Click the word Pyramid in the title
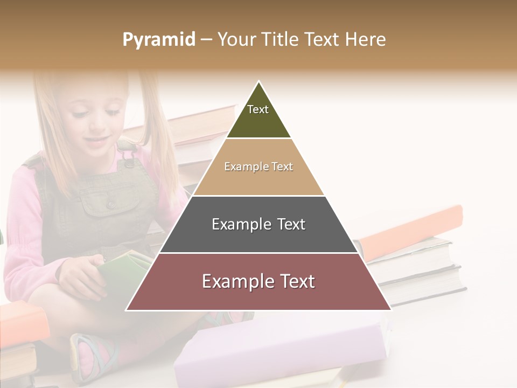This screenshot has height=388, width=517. (158, 40)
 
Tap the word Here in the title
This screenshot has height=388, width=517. (365, 39)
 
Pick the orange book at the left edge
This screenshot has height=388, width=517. (22, 323)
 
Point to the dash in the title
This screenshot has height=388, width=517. (206, 40)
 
